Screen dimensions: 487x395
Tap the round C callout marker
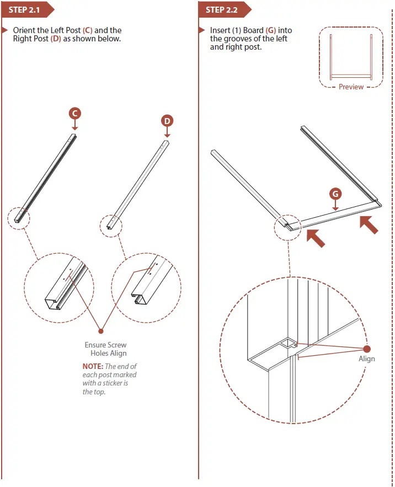pos(75,113)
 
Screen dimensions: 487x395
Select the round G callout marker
pos(335,194)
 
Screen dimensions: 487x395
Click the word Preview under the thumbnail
pos(351,87)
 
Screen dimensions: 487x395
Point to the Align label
pos(366,358)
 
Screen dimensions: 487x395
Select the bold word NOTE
pos(92,366)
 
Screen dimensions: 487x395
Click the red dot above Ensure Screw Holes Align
pos(101,331)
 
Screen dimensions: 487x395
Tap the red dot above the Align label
pos(367,349)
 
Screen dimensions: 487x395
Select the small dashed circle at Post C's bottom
pos(19,217)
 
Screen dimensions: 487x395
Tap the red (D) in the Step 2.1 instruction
pos(56,39)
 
